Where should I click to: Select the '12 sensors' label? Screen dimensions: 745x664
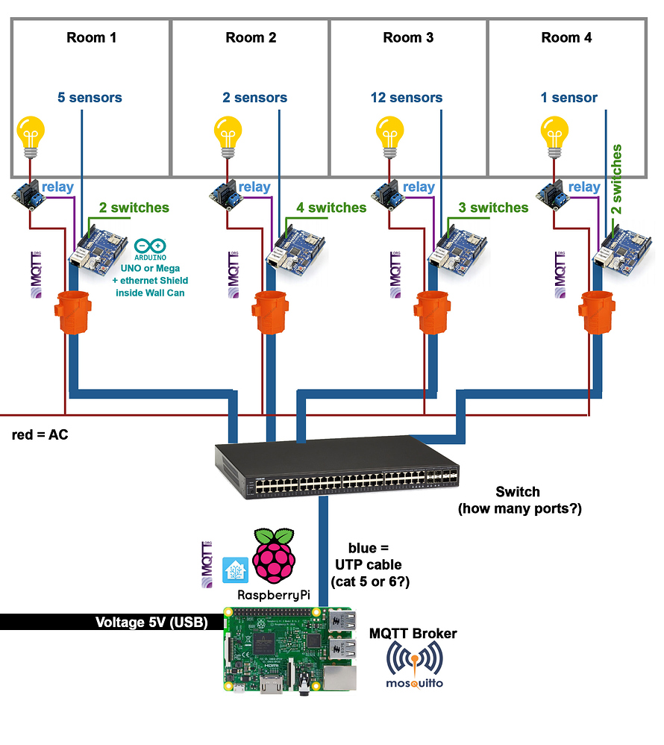(406, 98)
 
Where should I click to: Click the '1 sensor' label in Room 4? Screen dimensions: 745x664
(569, 98)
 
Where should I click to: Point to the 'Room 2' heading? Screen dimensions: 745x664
(251, 37)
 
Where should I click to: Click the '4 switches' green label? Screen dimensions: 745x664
(331, 208)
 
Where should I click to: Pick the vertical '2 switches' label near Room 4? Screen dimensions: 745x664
(617, 180)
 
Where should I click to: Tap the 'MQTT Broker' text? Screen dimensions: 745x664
(413, 634)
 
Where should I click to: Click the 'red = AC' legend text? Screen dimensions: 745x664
(40, 434)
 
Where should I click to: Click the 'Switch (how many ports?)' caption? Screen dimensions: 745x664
(519, 500)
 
